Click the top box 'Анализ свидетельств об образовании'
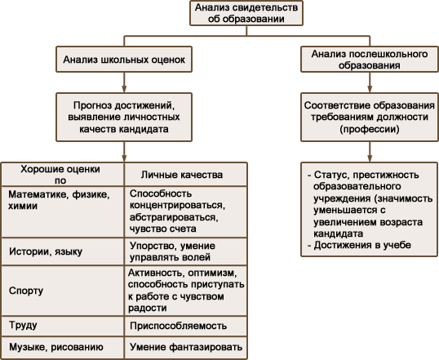click(x=246, y=13)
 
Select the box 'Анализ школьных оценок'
click(x=124, y=60)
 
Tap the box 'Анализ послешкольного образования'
click(x=370, y=60)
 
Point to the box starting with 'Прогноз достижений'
click(x=124, y=117)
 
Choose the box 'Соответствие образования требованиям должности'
click(x=370, y=117)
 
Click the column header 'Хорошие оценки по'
click(x=63, y=174)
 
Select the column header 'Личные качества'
click(x=186, y=174)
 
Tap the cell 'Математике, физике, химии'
click(x=63, y=211)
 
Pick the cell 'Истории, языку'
click(x=63, y=251)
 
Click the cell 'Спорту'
click(x=63, y=291)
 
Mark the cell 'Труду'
click(x=63, y=326)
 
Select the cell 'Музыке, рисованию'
click(x=63, y=348)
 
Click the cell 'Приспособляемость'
click(x=186, y=326)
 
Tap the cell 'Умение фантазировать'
click(x=186, y=348)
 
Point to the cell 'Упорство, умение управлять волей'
click(x=186, y=251)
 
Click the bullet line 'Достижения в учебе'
click(x=359, y=245)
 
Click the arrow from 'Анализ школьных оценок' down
click(x=124, y=82)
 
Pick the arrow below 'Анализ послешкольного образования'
click(x=370, y=82)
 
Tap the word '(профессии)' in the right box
click(x=370, y=129)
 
